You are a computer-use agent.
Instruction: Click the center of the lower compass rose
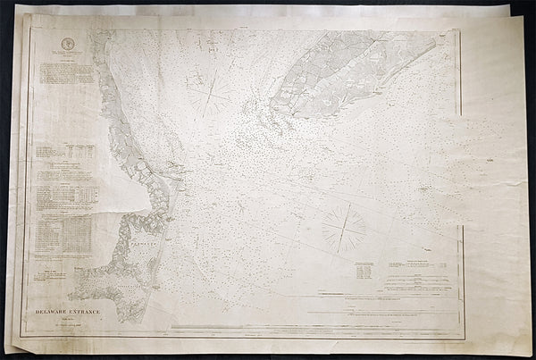(344, 225)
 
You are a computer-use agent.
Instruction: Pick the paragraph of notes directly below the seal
(63, 76)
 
